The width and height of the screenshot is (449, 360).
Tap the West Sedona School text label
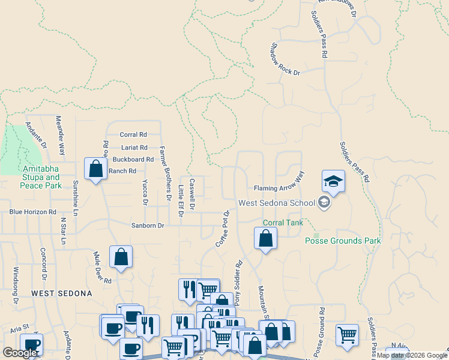point(277,203)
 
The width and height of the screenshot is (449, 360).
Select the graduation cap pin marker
point(333,181)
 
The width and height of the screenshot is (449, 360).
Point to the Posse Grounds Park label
point(343,241)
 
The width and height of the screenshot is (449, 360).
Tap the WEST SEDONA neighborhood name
point(62,293)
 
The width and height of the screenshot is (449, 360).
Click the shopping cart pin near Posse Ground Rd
point(347,335)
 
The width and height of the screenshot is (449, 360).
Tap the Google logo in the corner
point(20,353)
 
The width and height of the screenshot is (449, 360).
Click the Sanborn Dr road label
point(148,226)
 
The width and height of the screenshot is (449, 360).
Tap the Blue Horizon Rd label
point(32,212)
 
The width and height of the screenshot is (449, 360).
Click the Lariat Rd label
point(134,147)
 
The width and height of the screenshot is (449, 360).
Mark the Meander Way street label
point(61,136)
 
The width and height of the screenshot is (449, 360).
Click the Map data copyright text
point(412,355)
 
